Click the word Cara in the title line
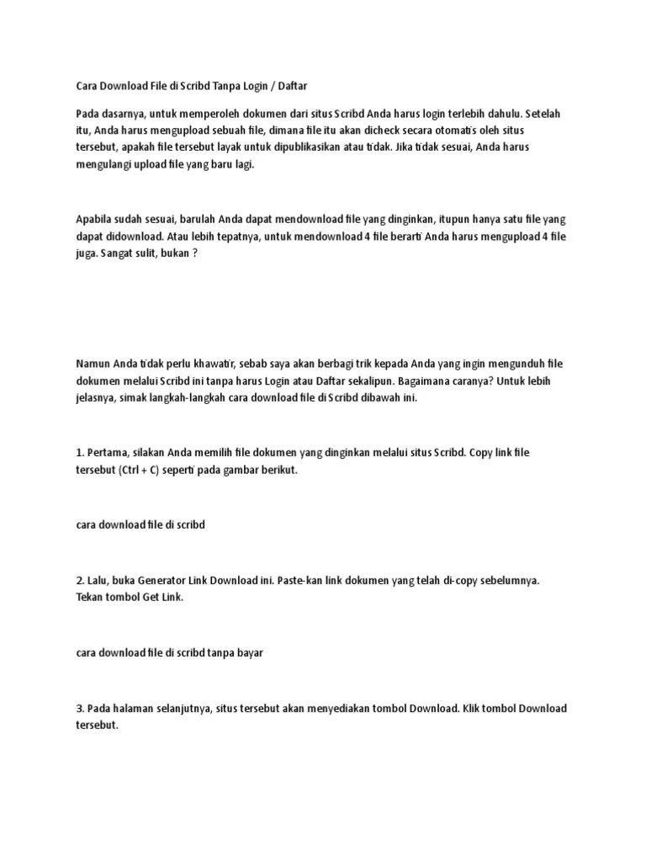[87, 86]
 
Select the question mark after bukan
[194, 253]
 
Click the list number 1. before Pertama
[80, 453]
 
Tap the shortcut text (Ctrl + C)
[136, 471]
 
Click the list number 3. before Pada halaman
[80, 708]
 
